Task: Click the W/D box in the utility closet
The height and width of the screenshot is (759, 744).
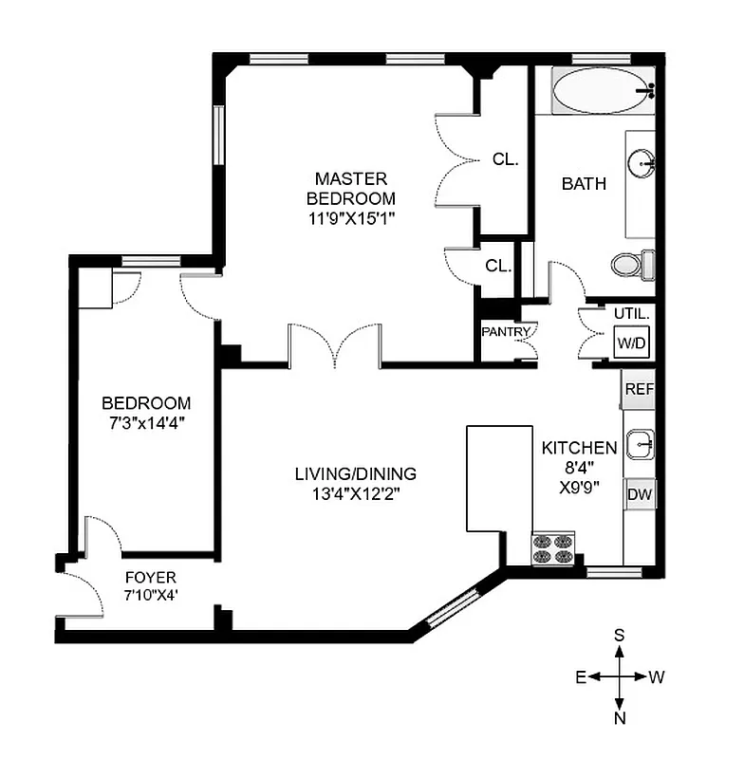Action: point(632,342)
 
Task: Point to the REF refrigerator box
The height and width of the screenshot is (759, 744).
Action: point(639,389)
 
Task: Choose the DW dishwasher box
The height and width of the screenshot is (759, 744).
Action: point(639,494)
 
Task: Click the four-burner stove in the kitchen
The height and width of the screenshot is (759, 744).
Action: point(554,549)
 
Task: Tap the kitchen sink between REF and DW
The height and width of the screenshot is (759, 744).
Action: point(641,442)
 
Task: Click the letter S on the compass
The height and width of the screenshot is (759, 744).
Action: point(620,635)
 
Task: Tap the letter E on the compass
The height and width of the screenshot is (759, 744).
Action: point(579,676)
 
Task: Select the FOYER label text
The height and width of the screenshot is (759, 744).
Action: point(151,577)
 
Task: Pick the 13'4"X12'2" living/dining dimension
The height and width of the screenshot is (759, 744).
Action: point(356,493)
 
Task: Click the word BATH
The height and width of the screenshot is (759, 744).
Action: point(584,184)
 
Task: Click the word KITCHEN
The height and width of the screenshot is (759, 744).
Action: point(579,448)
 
